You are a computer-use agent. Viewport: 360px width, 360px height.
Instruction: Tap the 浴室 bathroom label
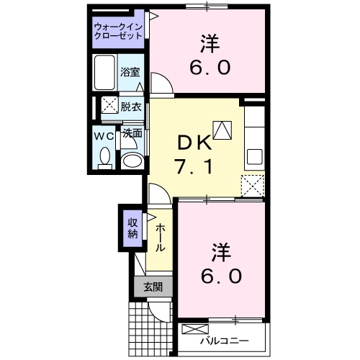tap(130, 73)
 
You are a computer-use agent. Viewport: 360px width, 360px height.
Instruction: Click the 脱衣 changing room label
tap(130, 106)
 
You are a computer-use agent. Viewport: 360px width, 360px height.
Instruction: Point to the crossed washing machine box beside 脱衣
tap(109, 106)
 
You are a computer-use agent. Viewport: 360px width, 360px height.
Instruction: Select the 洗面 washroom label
tap(131, 133)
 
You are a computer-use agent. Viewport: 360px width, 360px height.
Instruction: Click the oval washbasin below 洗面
tap(131, 160)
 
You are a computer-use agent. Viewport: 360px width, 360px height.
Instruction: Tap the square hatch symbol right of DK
tap(223, 129)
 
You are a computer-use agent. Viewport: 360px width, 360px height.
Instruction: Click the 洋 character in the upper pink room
tap(210, 44)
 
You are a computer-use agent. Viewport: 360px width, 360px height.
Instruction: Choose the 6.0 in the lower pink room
tap(221, 276)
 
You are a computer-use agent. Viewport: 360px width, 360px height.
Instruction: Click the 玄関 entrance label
tap(153, 287)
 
